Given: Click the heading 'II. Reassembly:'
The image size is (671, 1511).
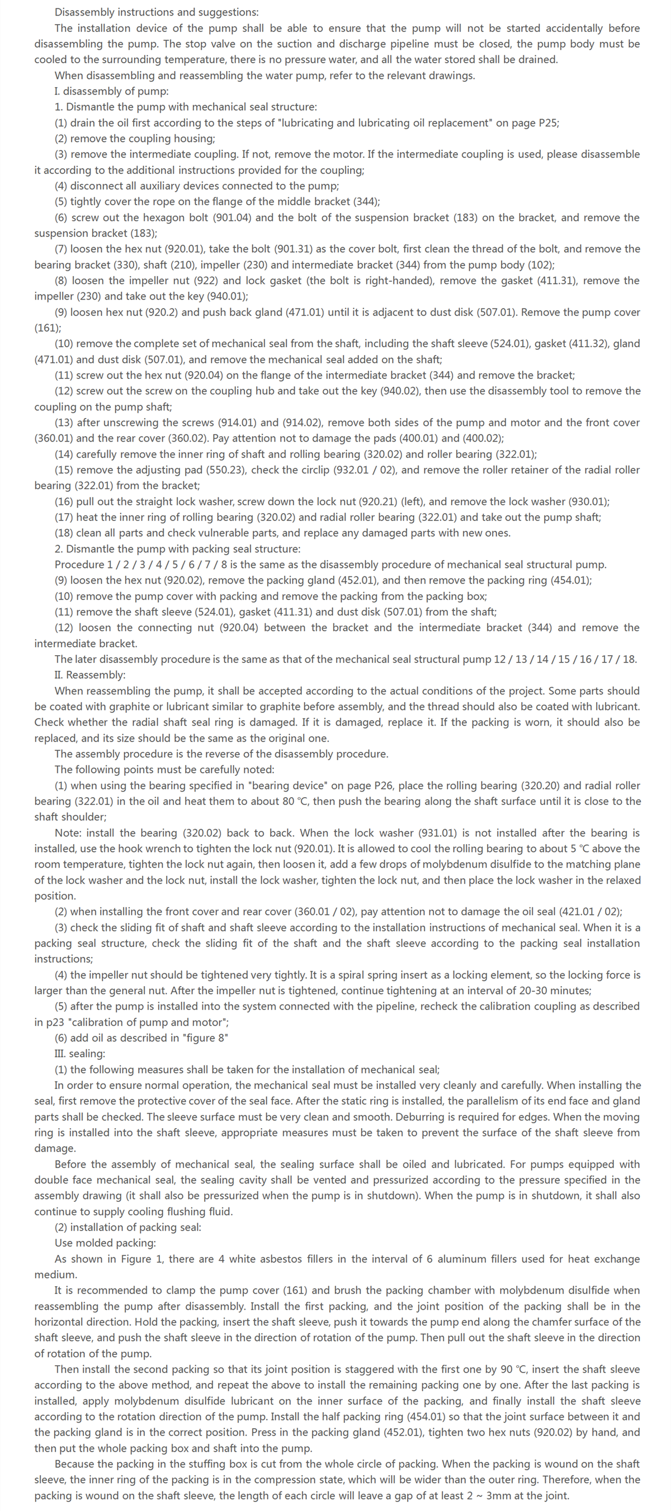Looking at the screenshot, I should [x=89, y=675].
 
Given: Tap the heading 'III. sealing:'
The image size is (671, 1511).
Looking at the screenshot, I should [x=80, y=1054].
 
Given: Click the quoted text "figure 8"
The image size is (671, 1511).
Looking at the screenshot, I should [x=199, y=1038].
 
